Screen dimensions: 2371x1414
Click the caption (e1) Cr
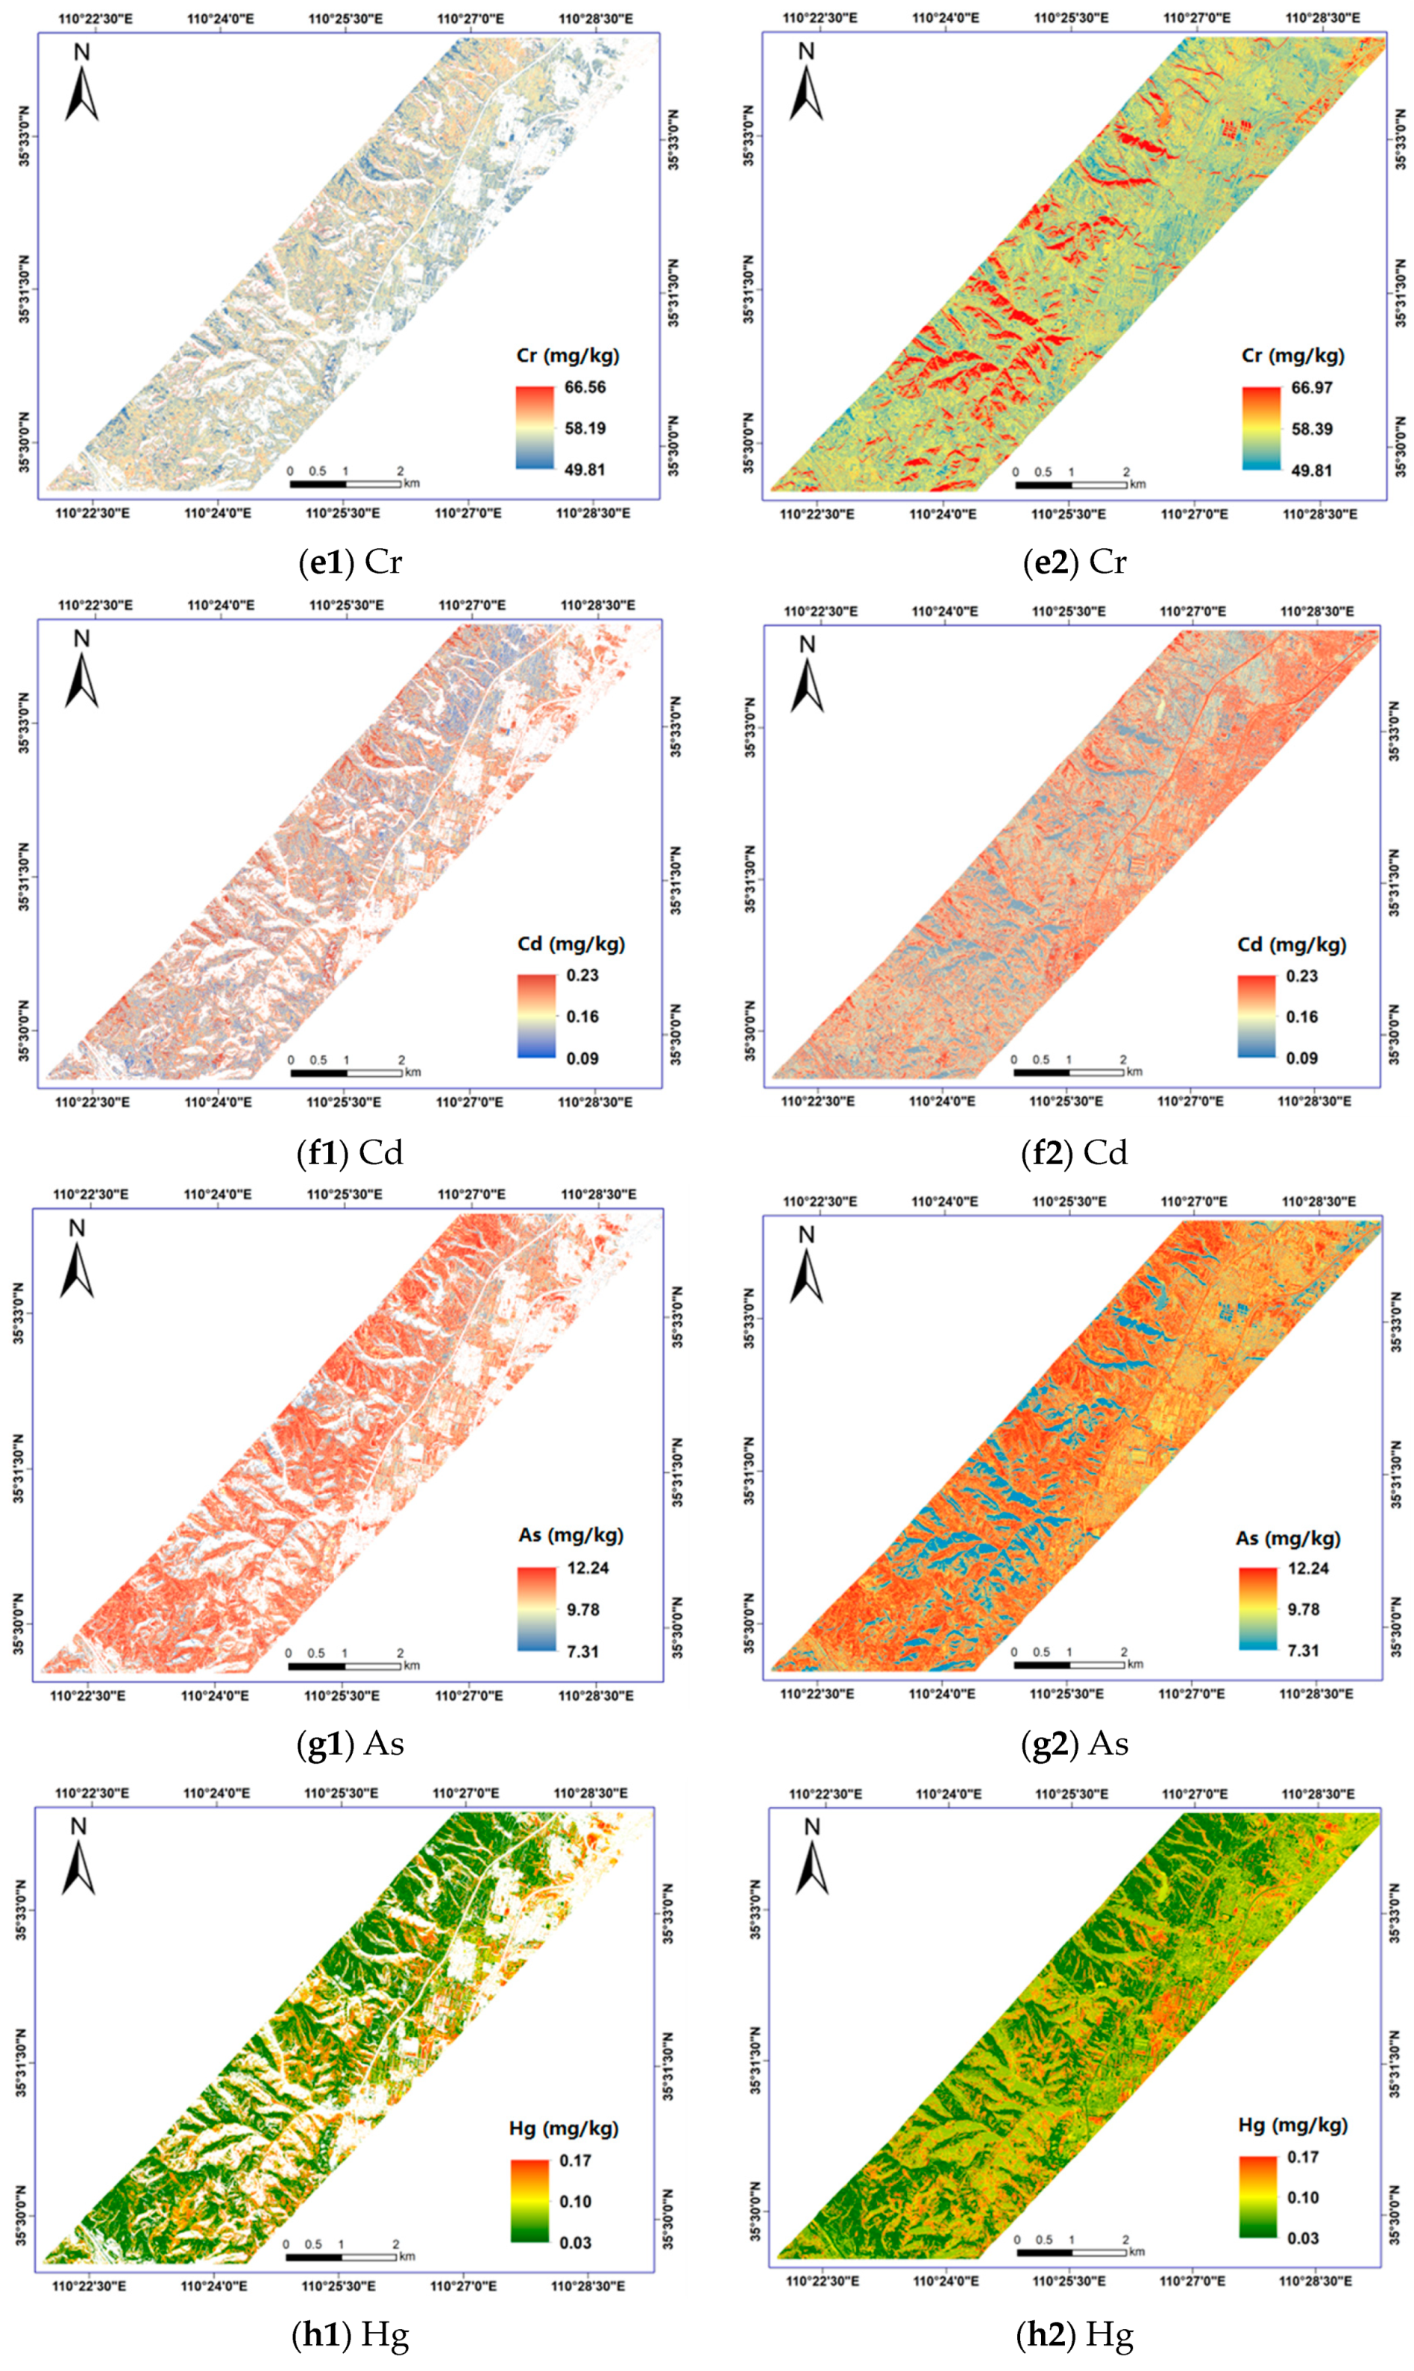(351, 563)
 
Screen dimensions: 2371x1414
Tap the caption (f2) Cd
(1075, 1152)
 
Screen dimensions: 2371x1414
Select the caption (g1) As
(351, 1743)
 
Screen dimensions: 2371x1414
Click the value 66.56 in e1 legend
(584, 388)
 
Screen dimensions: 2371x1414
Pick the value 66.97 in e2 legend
(1311, 388)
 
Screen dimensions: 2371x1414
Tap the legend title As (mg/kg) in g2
(1287, 1539)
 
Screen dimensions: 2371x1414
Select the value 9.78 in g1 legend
(582, 1610)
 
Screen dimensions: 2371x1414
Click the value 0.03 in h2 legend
(1303, 2237)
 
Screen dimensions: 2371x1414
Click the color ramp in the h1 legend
(530, 2200)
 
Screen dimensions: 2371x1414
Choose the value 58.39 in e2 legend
(1311, 430)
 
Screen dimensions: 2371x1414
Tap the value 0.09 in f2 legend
(1301, 1058)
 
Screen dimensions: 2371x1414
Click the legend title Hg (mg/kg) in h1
(563, 2128)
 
